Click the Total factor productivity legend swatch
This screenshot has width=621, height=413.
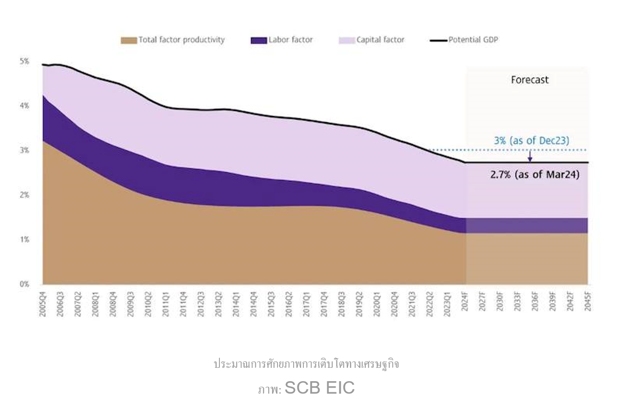click(x=129, y=40)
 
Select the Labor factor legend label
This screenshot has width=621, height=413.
click(x=290, y=40)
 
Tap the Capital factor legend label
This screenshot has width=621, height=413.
click(x=380, y=40)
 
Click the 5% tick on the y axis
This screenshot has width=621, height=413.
click(x=24, y=61)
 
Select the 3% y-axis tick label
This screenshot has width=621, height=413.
click(x=24, y=150)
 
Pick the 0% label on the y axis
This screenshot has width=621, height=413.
click(x=24, y=284)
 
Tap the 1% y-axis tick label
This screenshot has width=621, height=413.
click(x=24, y=240)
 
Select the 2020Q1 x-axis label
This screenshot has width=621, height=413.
click(x=377, y=303)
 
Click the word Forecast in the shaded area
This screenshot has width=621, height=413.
click(x=530, y=80)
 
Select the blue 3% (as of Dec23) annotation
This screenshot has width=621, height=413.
click(x=531, y=141)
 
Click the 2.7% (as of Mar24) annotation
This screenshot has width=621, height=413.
click(x=535, y=175)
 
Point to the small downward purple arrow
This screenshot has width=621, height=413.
click(x=530, y=157)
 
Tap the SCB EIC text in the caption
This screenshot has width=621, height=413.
click(x=319, y=388)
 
